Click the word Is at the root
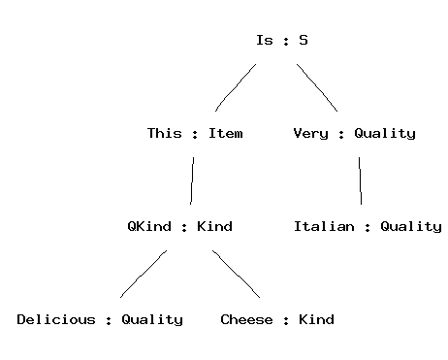(x=265, y=40)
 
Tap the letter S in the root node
(x=304, y=40)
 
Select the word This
(x=165, y=133)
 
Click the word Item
(x=226, y=133)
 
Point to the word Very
(x=310, y=134)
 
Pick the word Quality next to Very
(x=385, y=134)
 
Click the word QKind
(x=149, y=226)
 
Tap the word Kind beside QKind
(x=214, y=226)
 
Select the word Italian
(x=324, y=226)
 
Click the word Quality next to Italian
(x=411, y=227)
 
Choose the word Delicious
(x=56, y=319)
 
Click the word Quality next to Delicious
(x=152, y=320)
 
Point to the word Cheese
(x=246, y=319)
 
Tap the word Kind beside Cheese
(x=316, y=319)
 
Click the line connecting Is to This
(x=235, y=86)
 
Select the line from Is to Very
(x=318, y=87)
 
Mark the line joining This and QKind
(x=192, y=180)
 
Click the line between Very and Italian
(x=360, y=180)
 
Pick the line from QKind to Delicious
(x=144, y=275)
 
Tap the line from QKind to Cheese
(x=237, y=274)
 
